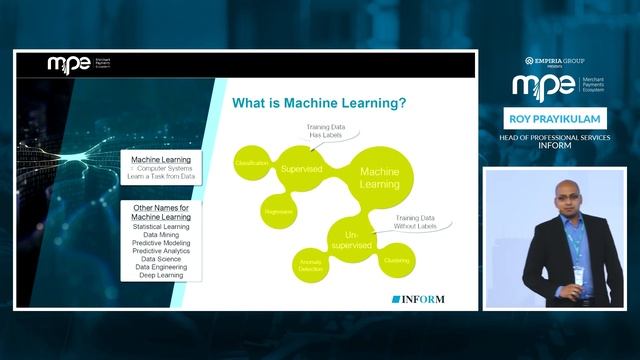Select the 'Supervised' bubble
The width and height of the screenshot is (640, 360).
point(301,169)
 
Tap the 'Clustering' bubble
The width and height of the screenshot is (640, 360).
point(395,260)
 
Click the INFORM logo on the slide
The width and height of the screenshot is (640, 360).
point(418,299)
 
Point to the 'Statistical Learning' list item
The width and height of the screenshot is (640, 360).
point(161,227)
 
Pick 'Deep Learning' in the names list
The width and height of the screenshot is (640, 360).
point(161,275)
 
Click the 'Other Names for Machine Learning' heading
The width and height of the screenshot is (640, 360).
point(161,212)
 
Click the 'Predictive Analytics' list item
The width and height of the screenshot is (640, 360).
point(161,251)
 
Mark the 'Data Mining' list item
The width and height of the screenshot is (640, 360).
point(161,235)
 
